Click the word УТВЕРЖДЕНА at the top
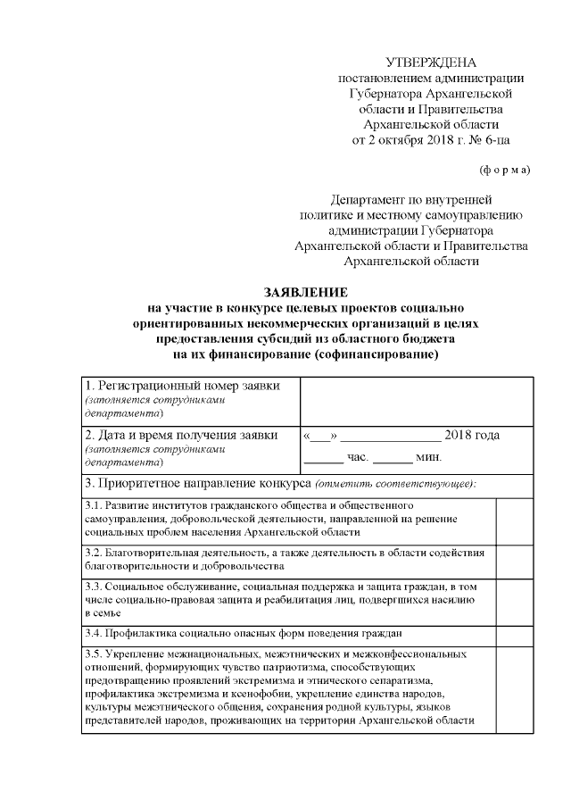(x=431, y=62)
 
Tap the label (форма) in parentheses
(x=505, y=170)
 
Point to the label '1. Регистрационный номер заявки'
(x=182, y=386)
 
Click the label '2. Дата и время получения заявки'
(x=180, y=436)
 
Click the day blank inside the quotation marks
(x=320, y=437)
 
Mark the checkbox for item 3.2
(x=514, y=559)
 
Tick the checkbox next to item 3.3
(x=514, y=600)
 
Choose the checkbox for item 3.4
(x=514, y=635)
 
